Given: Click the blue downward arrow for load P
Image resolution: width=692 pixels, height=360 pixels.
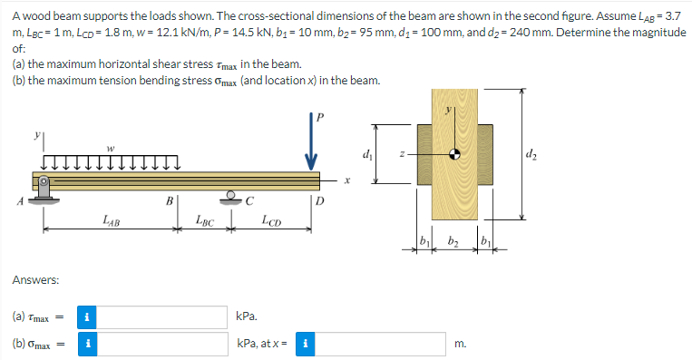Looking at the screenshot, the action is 311,141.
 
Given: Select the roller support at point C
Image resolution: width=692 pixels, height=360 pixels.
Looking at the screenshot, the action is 230,198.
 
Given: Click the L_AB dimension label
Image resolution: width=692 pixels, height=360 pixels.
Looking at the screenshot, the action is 112,219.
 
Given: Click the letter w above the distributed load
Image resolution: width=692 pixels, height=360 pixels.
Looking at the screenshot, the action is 111,148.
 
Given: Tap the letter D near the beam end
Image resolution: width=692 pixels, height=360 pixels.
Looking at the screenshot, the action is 320,201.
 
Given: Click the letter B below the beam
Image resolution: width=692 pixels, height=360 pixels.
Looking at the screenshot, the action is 170,201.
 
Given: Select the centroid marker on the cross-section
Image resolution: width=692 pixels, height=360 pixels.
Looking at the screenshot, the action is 454,154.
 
